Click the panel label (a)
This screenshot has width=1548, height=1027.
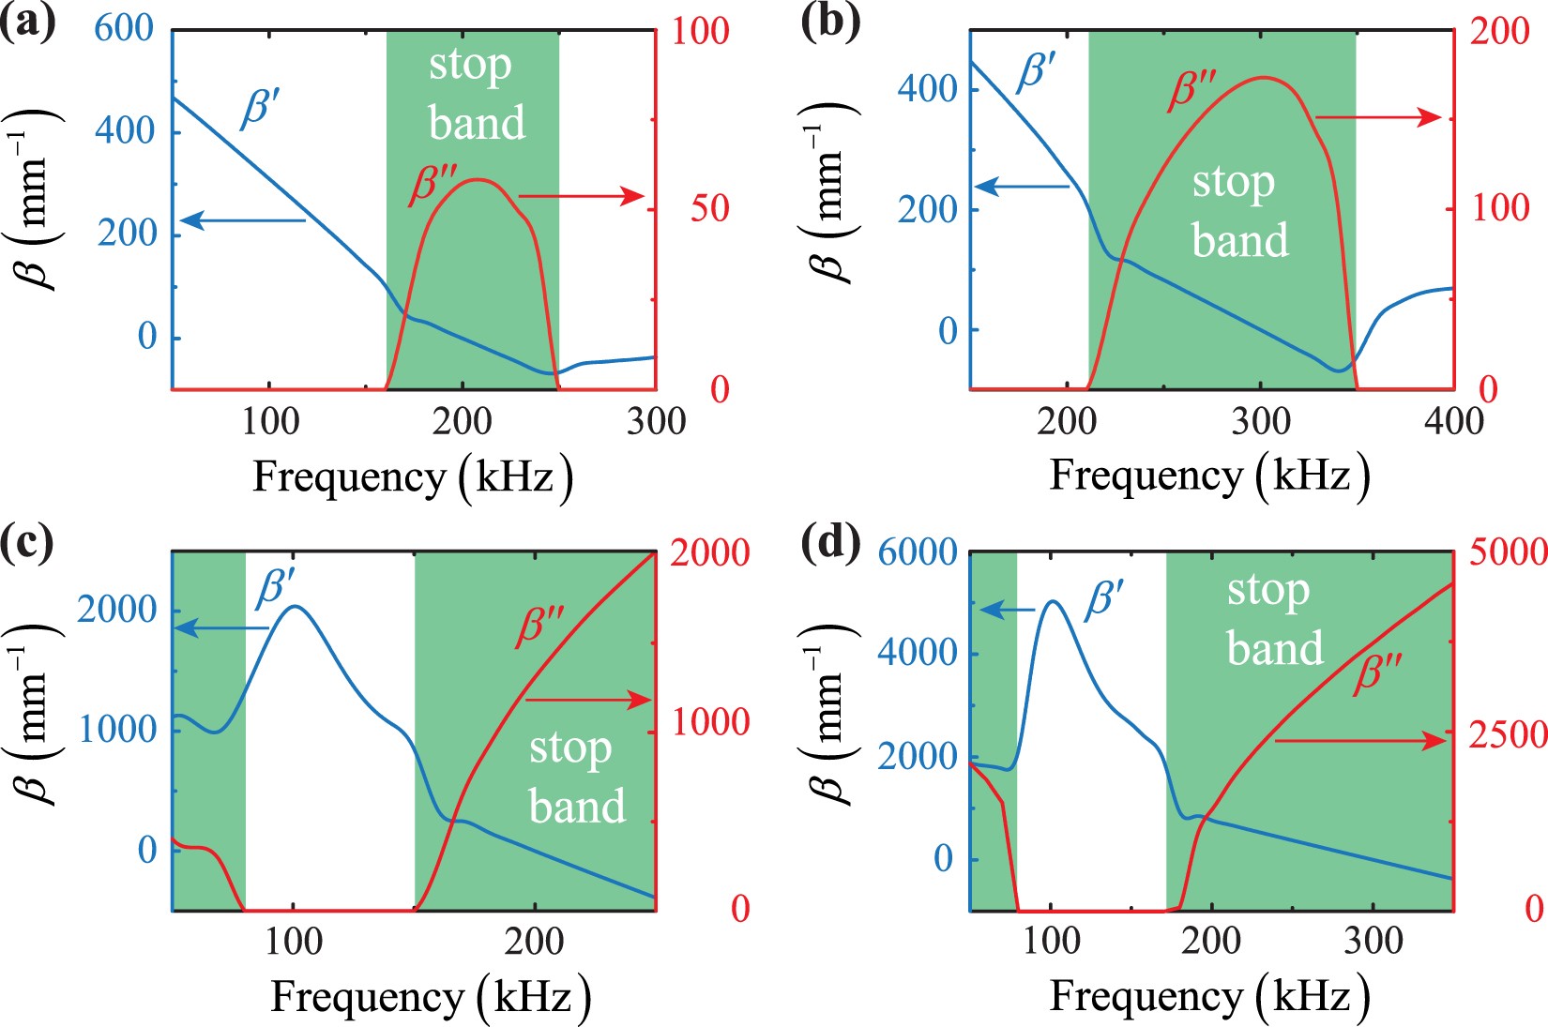27,21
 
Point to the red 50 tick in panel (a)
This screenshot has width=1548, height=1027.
710,207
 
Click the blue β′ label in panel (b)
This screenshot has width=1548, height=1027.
1038,71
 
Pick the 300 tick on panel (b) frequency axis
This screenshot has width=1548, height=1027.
1261,421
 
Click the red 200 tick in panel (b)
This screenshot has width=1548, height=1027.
1499,31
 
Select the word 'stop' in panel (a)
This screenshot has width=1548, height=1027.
470,66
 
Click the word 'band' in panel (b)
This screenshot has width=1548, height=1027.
1239,240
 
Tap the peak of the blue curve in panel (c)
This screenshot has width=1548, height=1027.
295,606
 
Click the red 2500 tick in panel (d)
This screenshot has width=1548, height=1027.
1507,734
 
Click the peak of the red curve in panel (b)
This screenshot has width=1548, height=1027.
1263,78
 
